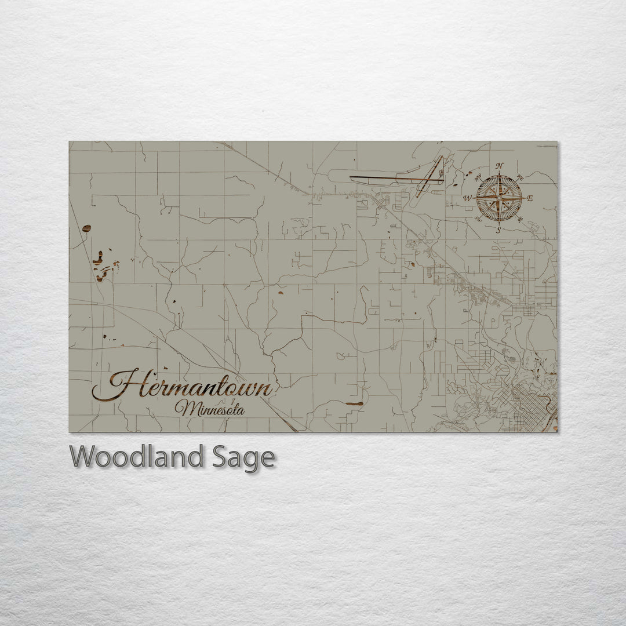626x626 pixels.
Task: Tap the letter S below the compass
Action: pos(498,230)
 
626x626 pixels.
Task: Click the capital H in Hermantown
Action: pos(119,385)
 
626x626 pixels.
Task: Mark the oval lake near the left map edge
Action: pos(86,229)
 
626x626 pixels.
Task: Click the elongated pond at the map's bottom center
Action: pos(354,403)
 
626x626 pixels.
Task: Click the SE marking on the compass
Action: pos(519,220)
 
